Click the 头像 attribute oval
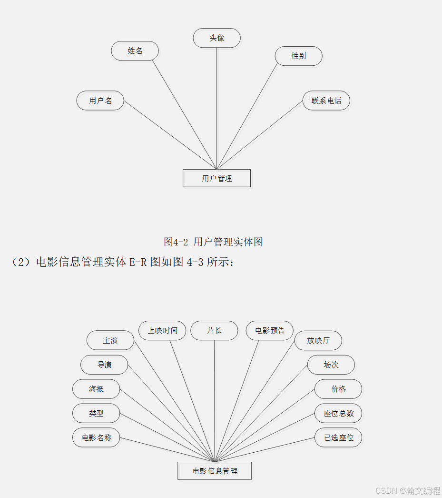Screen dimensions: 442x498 216,38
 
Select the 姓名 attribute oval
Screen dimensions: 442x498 135,51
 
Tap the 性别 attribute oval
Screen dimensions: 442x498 298,56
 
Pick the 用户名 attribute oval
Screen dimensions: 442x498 100,101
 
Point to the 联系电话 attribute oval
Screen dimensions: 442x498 326,101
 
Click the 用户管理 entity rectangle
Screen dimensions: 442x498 216,178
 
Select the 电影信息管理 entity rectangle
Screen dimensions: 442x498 215,471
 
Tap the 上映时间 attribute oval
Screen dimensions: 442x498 162,330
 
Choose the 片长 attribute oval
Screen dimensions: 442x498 214,330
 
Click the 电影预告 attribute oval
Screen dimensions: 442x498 270,330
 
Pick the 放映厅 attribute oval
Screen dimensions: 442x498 318,340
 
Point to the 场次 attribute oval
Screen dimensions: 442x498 331,365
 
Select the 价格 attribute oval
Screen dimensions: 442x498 338,389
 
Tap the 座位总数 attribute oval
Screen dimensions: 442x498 338,413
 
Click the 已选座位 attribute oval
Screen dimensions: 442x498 338,437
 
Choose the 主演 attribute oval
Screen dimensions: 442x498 110,340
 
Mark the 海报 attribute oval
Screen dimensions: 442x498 96,389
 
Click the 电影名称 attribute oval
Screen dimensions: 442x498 96,437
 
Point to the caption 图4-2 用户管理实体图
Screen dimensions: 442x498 213,242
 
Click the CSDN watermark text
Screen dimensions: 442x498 407,490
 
